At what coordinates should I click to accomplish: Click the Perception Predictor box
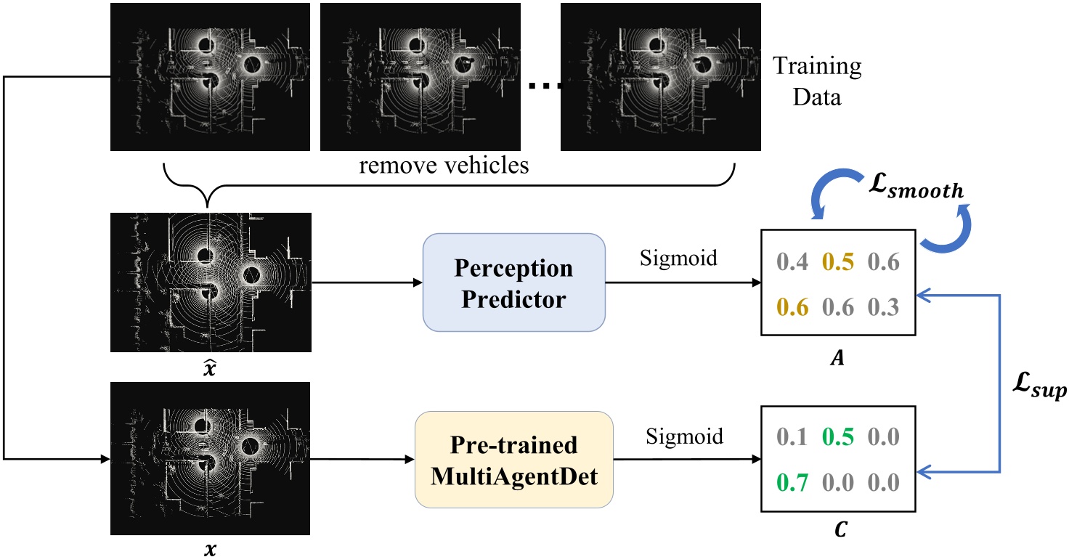coord(514,282)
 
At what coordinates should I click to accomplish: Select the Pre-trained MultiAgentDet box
coord(514,460)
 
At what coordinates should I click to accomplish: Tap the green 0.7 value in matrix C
coord(792,482)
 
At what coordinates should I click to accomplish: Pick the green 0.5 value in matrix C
coord(837,436)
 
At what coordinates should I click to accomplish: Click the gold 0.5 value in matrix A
coord(837,261)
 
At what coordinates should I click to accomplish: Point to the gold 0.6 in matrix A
coord(792,307)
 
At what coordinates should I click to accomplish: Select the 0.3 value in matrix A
coord(883,307)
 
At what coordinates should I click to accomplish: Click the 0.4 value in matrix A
coord(792,261)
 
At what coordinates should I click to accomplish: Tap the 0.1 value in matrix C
coord(792,436)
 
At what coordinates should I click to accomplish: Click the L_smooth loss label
coord(916,186)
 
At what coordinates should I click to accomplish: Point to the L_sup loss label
coord(1039,386)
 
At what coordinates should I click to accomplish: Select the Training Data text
coord(817,81)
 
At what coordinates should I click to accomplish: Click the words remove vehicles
coord(444,166)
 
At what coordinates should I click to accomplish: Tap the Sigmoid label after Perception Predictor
coord(678,259)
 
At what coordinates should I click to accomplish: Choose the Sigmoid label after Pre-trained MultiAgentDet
coord(684,436)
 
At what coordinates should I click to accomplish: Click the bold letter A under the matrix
coord(837,357)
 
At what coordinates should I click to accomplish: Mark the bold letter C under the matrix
coord(841,529)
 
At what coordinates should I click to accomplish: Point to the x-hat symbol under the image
coord(209,367)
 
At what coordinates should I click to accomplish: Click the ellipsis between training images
coord(545,86)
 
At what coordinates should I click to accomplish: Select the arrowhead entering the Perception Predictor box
coord(418,282)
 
